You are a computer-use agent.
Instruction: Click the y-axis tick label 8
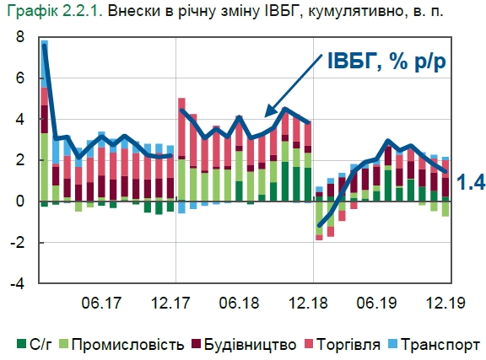[19, 39]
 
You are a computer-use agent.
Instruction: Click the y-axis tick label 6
[19, 79]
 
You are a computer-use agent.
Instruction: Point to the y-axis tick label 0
[19, 201]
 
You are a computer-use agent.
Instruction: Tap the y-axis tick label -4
[17, 283]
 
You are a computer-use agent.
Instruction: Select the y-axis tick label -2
[17, 242]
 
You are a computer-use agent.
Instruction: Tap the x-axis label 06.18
[239, 302]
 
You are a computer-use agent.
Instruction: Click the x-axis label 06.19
[377, 302]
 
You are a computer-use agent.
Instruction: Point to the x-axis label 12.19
[445, 302]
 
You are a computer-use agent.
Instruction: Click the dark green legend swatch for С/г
[22, 344]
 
